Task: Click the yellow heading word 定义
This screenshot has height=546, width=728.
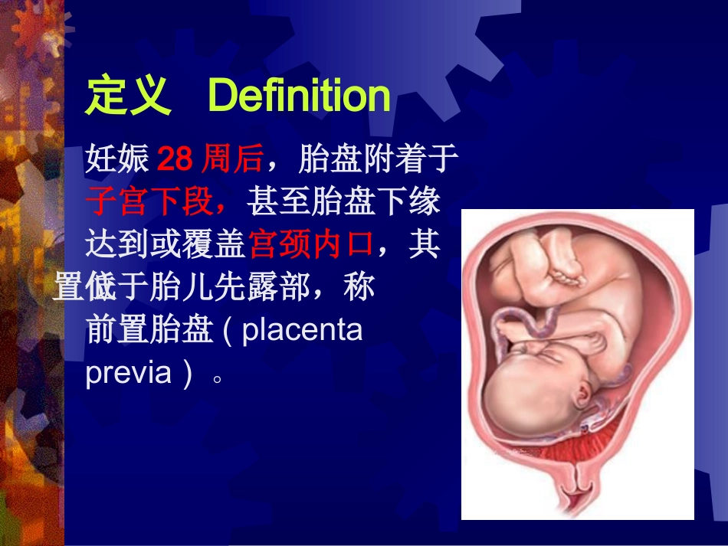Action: coord(128,97)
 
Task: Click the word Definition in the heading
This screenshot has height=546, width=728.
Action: coord(299,96)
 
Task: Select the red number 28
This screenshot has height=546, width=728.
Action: coord(175,160)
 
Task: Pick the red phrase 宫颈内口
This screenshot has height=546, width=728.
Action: coord(311,246)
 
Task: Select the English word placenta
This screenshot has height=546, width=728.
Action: coord(303,332)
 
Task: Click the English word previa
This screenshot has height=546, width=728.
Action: coord(129,374)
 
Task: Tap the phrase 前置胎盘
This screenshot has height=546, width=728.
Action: coord(149,332)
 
